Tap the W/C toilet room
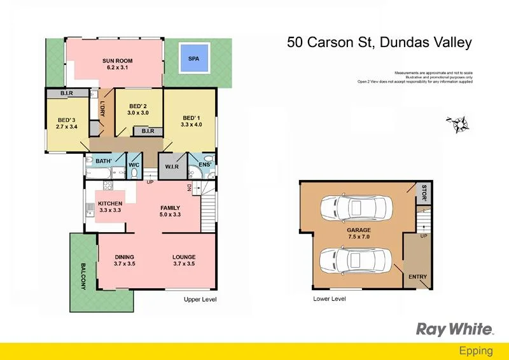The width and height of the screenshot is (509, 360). click(134, 165)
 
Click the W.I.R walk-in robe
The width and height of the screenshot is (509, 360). click(172, 167)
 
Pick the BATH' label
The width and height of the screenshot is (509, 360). click(104, 162)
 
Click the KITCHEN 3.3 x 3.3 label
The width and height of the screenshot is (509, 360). click(110, 207)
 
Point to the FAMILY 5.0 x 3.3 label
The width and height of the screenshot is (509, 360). click(170, 211)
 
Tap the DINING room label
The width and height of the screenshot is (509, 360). click(125, 260)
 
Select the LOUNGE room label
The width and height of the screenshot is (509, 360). click(184, 260)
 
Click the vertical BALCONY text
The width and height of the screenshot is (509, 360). click(83, 277)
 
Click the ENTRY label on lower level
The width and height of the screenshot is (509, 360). click(418, 277)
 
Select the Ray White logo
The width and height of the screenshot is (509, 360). click(454, 329)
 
